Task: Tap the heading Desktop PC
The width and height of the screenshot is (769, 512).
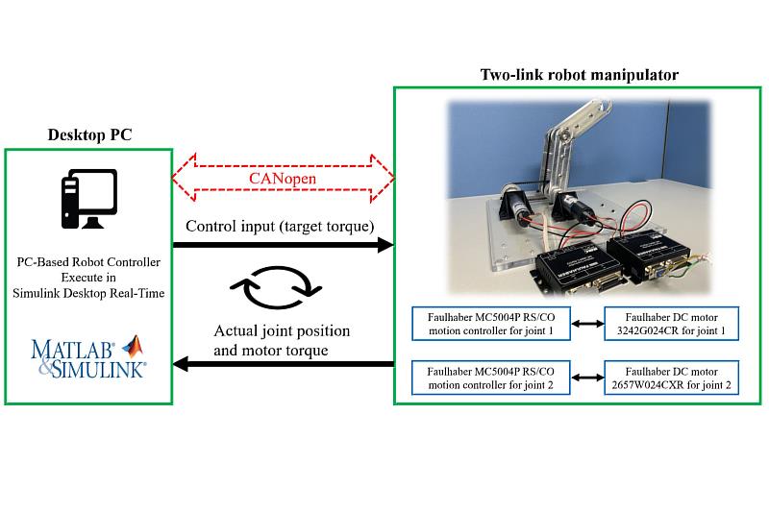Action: tap(89, 134)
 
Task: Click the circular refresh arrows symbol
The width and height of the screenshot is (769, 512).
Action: tap(283, 284)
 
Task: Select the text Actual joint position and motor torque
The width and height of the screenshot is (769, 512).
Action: tap(281, 341)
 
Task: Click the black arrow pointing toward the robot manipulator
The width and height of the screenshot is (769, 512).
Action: tap(283, 246)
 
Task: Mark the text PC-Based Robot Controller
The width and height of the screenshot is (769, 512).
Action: tap(88, 260)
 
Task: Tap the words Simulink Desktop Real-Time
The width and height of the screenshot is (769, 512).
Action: tap(88, 291)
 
